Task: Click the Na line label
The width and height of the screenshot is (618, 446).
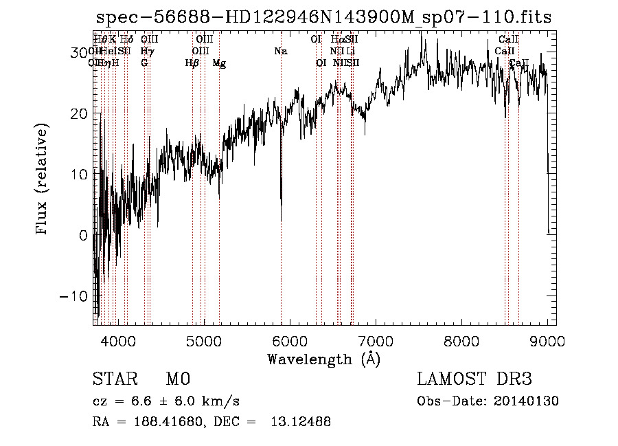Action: tap(280, 51)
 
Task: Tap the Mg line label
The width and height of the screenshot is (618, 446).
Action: tap(219, 63)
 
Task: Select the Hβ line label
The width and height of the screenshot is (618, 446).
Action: tap(192, 63)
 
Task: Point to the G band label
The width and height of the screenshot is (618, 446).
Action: tap(144, 63)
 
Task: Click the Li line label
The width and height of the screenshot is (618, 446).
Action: tap(350, 51)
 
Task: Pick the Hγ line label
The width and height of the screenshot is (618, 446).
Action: tap(147, 51)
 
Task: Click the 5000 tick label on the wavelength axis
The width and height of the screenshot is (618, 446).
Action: tap(203, 340)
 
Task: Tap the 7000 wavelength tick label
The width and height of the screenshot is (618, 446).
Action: tap(376, 340)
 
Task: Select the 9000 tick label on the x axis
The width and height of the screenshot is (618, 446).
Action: tap(548, 340)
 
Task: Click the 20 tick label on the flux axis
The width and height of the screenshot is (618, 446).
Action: tap(78, 113)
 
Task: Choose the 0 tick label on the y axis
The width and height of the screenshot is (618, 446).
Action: tap(82, 235)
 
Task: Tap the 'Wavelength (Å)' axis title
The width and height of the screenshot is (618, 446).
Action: tap(323, 359)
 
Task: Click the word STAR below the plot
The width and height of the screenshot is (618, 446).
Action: tap(114, 379)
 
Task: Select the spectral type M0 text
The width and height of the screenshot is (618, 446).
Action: tap(178, 379)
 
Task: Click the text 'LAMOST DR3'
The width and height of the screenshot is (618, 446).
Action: tap(474, 379)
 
